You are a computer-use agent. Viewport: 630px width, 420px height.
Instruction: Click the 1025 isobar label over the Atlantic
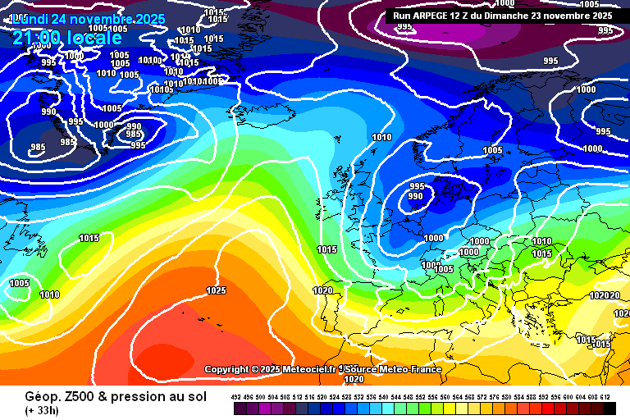click(216, 290)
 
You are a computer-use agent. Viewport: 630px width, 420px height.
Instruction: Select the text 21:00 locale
click(66, 38)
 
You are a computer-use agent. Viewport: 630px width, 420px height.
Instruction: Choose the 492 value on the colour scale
click(236, 397)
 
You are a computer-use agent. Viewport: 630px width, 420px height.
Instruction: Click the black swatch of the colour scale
click(609, 408)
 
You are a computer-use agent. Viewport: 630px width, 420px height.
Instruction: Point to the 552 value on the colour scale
click(422, 397)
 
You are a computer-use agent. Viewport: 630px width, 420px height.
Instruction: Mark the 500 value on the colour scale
click(261, 397)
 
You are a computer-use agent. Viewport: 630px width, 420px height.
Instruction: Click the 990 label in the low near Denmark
click(416, 196)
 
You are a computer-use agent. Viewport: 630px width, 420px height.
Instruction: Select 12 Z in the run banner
click(469, 15)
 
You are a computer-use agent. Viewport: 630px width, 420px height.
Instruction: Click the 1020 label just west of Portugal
click(322, 290)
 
